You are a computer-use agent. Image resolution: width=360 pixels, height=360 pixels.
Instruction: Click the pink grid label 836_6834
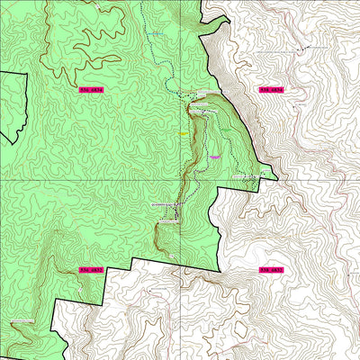[x=91, y=90]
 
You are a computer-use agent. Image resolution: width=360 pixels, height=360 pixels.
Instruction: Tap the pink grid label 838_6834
[x=271, y=90]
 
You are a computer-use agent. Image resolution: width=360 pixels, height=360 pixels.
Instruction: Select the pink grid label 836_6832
[x=91, y=269]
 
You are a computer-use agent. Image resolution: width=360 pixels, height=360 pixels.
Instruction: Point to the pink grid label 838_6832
[x=271, y=269]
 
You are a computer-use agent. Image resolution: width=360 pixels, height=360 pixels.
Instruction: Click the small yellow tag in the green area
[x=183, y=134]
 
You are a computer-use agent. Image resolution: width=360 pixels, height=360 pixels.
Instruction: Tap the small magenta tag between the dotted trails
[x=214, y=157]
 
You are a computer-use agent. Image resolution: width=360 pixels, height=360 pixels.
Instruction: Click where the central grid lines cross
[x=181, y=179]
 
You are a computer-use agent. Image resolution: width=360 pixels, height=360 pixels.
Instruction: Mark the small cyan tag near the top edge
[x=155, y=34]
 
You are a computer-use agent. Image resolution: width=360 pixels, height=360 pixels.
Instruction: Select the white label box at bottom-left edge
[x=20, y=320]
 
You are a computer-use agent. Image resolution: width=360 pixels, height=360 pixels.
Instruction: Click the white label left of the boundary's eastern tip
[x=247, y=176]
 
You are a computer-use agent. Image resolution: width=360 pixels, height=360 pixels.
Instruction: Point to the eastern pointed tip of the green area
[x=275, y=175]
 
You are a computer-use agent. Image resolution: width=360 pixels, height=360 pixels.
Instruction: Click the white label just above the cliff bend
[x=171, y=205]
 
